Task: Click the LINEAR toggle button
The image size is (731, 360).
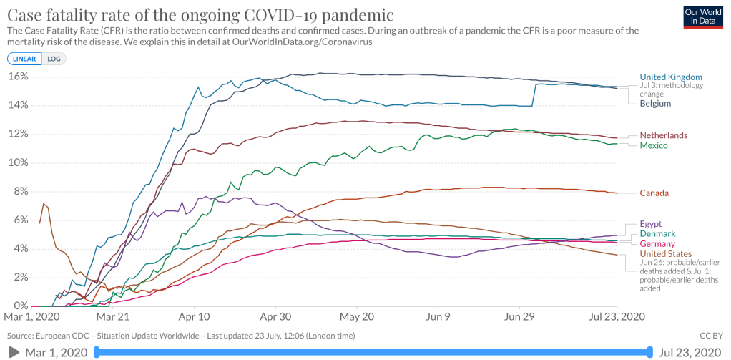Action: point(25,59)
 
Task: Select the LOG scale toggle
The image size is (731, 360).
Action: point(54,59)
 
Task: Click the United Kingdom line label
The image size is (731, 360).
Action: point(670,77)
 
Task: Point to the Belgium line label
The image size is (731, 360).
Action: point(655,103)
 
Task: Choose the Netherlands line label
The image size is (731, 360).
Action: point(663,135)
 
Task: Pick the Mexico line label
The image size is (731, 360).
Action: point(654,146)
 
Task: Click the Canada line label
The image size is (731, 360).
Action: point(654,193)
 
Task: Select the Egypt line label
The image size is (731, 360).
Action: point(652,224)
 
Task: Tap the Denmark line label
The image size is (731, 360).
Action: point(657,234)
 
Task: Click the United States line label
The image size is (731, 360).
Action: point(665,254)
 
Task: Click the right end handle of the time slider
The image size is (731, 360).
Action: point(649,351)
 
